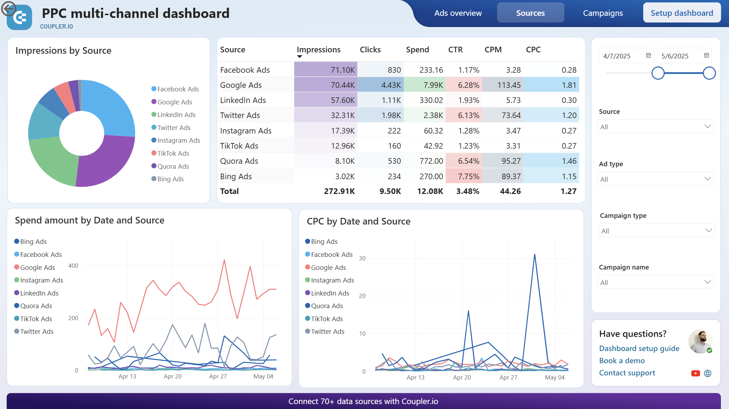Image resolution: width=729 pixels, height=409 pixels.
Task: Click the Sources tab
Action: pyautogui.click(x=530, y=13)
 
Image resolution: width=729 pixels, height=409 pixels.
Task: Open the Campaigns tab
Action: pyautogui.click(x=603, y=13)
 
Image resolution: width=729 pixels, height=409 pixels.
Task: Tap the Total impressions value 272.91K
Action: pyautogui.click(x=339, y=191)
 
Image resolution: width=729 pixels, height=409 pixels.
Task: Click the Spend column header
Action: pyautogui.click(x=417, y=50)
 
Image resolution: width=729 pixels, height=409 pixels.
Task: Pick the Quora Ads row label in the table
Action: pyautogui.click(x=239, y=161)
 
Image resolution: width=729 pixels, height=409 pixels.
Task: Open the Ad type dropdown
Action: pyautogui.click(x=655, y=179)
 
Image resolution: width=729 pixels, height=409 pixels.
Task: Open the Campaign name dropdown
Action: pyautogui.click(x=655, y=282)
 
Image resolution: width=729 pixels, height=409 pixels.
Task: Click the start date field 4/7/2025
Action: pyautogui.click(x=622, y=56)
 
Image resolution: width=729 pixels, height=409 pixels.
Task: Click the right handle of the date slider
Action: pyautogui.click(x=709, y=73)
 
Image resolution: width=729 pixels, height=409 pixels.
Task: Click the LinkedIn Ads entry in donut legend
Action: pyautogui.click(x=176, y=115)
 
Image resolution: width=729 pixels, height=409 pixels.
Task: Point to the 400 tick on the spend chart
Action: pyautogui.click(x=73, y=266)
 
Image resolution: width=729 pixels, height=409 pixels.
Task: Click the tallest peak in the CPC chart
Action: pyautogui.click(x=534, y=254)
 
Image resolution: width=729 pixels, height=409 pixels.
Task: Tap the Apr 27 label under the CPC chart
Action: pyautogui.click(x=508, y=377)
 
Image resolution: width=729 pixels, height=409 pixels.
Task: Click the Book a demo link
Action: pyautogui.click(x=621, y=361)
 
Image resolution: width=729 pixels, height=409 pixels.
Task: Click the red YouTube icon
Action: pyautogui.click(x=695, y=373)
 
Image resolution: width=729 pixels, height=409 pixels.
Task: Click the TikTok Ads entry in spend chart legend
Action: pyautogui.click(x=36, y=319)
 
